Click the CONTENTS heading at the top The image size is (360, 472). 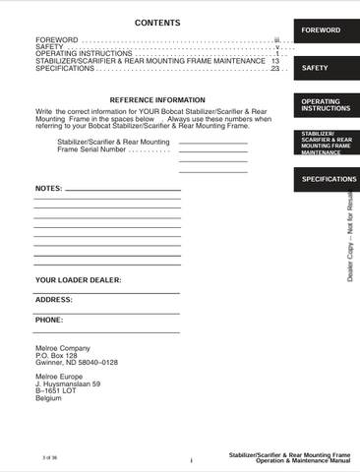pos(156,22)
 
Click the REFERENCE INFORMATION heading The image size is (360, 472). pos(156,99)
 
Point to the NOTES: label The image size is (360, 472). pos(48,187)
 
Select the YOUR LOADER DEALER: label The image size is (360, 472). pos(79,280)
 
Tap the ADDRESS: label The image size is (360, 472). pos(54,299)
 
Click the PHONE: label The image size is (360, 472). pos(49,320)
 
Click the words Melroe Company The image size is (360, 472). pos(62,348)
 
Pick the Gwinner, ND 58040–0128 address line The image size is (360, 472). pos(77,362)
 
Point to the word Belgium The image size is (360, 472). pos(48,397)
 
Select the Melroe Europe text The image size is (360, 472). pos(60,377)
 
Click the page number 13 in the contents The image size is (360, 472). pos(275,60)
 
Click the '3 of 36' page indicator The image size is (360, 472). pos(50,458)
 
